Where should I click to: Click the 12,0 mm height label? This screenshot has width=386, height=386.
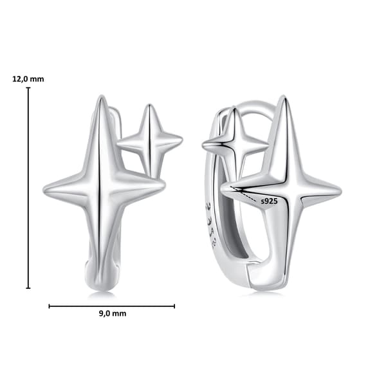tap(28, 79)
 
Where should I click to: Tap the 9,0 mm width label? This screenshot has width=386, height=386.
tap(113, 314)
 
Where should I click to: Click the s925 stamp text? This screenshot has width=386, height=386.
tap(269, 201)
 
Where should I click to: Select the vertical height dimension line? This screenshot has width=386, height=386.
tap(28, 188)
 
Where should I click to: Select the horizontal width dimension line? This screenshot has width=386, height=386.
tap(112, 306)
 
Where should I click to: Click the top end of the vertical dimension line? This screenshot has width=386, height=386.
tap(28, 87)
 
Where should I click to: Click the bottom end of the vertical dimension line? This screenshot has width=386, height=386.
tap(28, 288)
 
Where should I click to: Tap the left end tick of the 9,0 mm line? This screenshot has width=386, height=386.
tap(50, 306)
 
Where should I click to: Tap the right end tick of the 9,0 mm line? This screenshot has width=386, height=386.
tap(174, 306)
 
